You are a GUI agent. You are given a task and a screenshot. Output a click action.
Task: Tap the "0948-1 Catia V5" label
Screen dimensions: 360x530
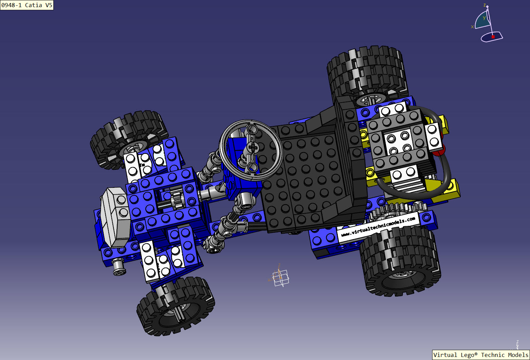click(x=27, y=5)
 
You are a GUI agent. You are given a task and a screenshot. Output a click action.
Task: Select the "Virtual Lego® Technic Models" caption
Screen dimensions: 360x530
click(x=480, y=355)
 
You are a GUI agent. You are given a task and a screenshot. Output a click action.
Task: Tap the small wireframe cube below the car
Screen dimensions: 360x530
click(x=281, y=277)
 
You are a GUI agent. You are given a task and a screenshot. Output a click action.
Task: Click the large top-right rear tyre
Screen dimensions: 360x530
click(x=367, y=73)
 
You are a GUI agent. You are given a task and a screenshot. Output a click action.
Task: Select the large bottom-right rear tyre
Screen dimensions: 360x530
click(x=401, y=262)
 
